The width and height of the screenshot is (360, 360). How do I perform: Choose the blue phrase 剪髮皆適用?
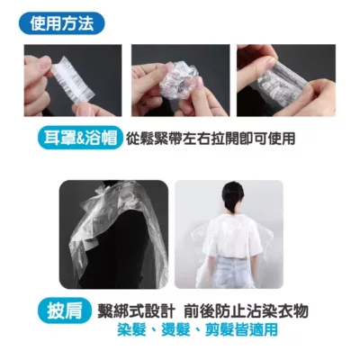235,329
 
